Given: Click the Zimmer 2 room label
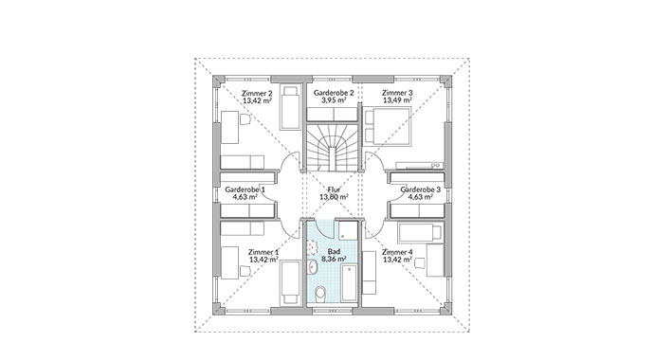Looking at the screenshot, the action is tap(257, 93).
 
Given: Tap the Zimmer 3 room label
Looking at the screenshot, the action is tap(397, 93).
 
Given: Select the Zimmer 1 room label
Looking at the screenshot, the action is tap(263, 252).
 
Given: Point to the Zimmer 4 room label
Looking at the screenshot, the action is tap(397, 252).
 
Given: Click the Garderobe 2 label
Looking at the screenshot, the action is tap(334, 93).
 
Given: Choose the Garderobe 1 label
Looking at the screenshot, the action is tap(245, 189).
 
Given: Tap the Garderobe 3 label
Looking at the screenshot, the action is tap(421, 189).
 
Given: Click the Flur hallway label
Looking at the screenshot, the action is tap(334, 189).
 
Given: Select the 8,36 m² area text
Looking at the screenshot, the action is tap(334, 259).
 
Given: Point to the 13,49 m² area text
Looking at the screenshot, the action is tap(397, 100).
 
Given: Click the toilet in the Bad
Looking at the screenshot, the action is tap(320, 293).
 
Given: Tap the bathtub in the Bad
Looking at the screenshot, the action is tap(349, 283).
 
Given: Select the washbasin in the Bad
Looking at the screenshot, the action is tap(313, 266).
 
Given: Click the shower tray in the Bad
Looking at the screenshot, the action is tap(348, 230).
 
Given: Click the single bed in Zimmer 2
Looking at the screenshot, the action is tap(290, 108).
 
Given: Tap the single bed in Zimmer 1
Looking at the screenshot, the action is tap(290, 282).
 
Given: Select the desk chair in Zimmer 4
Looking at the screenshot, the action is tap(420, 263).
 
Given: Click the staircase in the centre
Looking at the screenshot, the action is tap(333, 148).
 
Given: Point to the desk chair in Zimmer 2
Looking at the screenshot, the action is tap(245, 119).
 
